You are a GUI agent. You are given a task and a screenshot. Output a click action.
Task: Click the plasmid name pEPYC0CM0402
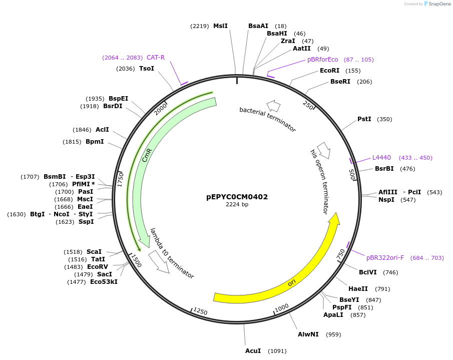pos(237,197)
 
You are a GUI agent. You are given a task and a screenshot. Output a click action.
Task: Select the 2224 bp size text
pos(237,204)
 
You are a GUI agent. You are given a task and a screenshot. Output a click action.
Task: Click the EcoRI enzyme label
pos(329,71)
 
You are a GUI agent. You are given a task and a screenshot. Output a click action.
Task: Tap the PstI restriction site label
pos(364,119)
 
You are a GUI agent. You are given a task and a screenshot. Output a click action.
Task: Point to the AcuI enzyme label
pos(253,351)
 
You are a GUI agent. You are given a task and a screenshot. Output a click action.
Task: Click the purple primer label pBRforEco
pos(322,60)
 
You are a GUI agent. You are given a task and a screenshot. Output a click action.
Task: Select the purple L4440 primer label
pos(381,158)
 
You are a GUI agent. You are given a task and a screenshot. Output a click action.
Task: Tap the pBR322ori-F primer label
pos(385,258)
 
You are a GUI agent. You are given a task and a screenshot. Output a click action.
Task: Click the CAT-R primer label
pos(156,58)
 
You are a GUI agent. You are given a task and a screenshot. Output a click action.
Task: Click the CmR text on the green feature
pos(147,155)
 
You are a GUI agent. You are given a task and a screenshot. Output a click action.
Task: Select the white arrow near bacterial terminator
pos(273,106)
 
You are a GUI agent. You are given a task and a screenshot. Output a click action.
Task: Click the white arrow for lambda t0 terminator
pos(159,261)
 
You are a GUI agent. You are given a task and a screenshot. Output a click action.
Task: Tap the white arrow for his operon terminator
pos(324,149)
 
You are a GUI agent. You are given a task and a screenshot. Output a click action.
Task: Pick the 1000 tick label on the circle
pos(282,307)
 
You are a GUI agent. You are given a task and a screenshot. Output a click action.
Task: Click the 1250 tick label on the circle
pos(200,311)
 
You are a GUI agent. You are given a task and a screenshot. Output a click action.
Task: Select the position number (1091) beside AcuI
pos(277,351)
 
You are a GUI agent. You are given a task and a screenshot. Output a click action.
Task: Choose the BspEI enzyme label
pos(118,99)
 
